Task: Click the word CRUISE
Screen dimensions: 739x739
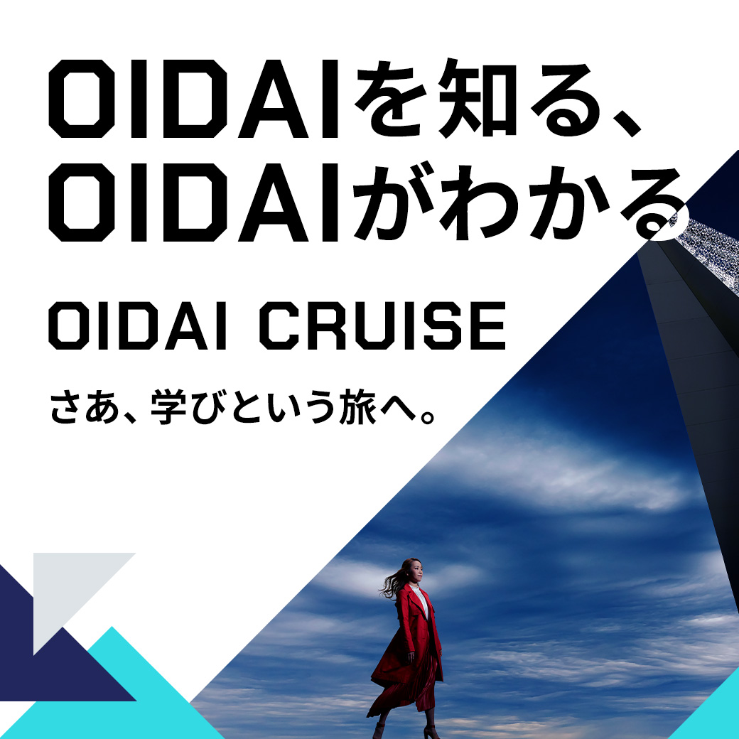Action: point(382,325)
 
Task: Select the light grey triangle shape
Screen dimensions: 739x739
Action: point(70,589)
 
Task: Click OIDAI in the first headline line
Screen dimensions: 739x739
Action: point(194,99)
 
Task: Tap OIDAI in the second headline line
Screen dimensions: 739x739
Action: point(194,203)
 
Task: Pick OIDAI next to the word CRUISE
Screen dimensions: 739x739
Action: point(138,325)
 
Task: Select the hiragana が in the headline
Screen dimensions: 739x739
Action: point(392,203)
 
